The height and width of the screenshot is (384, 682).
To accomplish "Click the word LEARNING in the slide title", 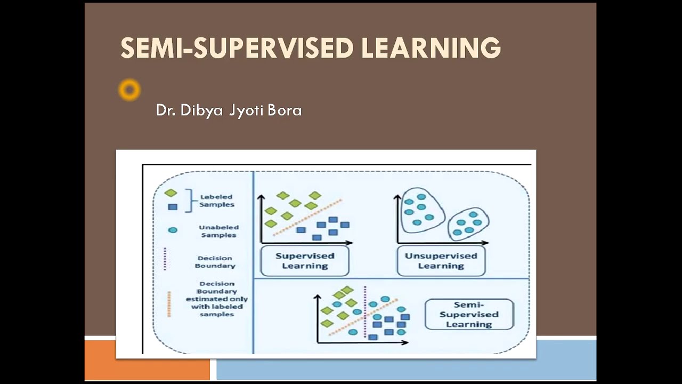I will point(431,48).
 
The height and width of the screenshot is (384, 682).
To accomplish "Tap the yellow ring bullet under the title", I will point(129,90).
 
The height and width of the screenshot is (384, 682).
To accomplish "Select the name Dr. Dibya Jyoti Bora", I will point(229,110).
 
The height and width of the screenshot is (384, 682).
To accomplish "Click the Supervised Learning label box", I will point(305,261).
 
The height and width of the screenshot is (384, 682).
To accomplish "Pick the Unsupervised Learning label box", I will point(441,261).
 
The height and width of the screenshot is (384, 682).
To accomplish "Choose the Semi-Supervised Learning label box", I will point(469,314).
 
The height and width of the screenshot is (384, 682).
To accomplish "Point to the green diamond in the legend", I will point(170,193).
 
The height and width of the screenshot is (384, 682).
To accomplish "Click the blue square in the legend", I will point(173,206).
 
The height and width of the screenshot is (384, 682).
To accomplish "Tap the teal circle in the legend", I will point(173,230).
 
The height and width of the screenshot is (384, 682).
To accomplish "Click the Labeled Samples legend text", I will point(217,201).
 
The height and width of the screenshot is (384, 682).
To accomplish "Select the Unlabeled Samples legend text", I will point(218,231).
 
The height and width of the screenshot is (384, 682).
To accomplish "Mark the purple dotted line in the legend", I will point(165,259).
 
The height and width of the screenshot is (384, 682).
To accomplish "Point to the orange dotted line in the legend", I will point(169,303).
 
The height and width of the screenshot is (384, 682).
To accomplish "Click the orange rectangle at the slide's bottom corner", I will point(147,360).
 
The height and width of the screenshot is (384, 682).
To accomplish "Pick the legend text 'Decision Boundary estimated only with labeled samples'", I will point(217,299).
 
